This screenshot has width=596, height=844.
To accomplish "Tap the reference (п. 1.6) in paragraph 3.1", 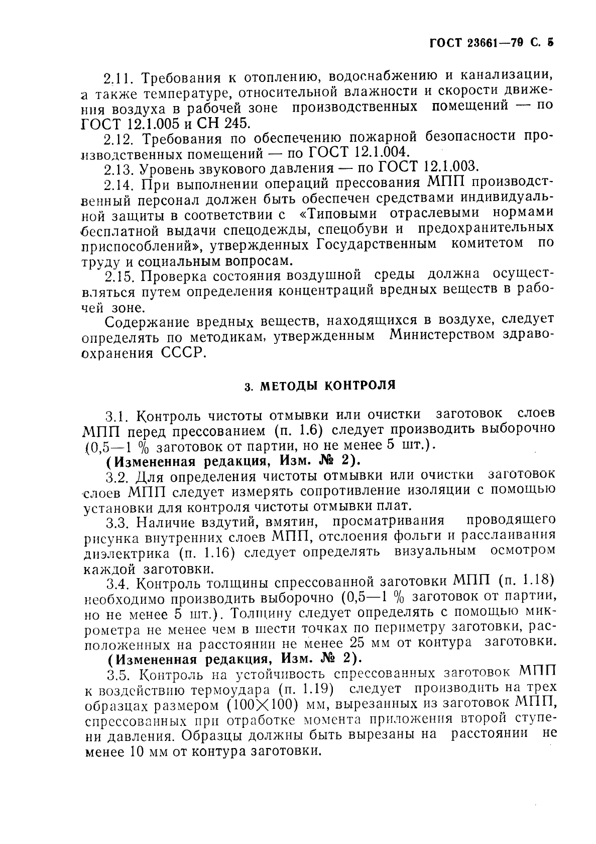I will tap(300, 431).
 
